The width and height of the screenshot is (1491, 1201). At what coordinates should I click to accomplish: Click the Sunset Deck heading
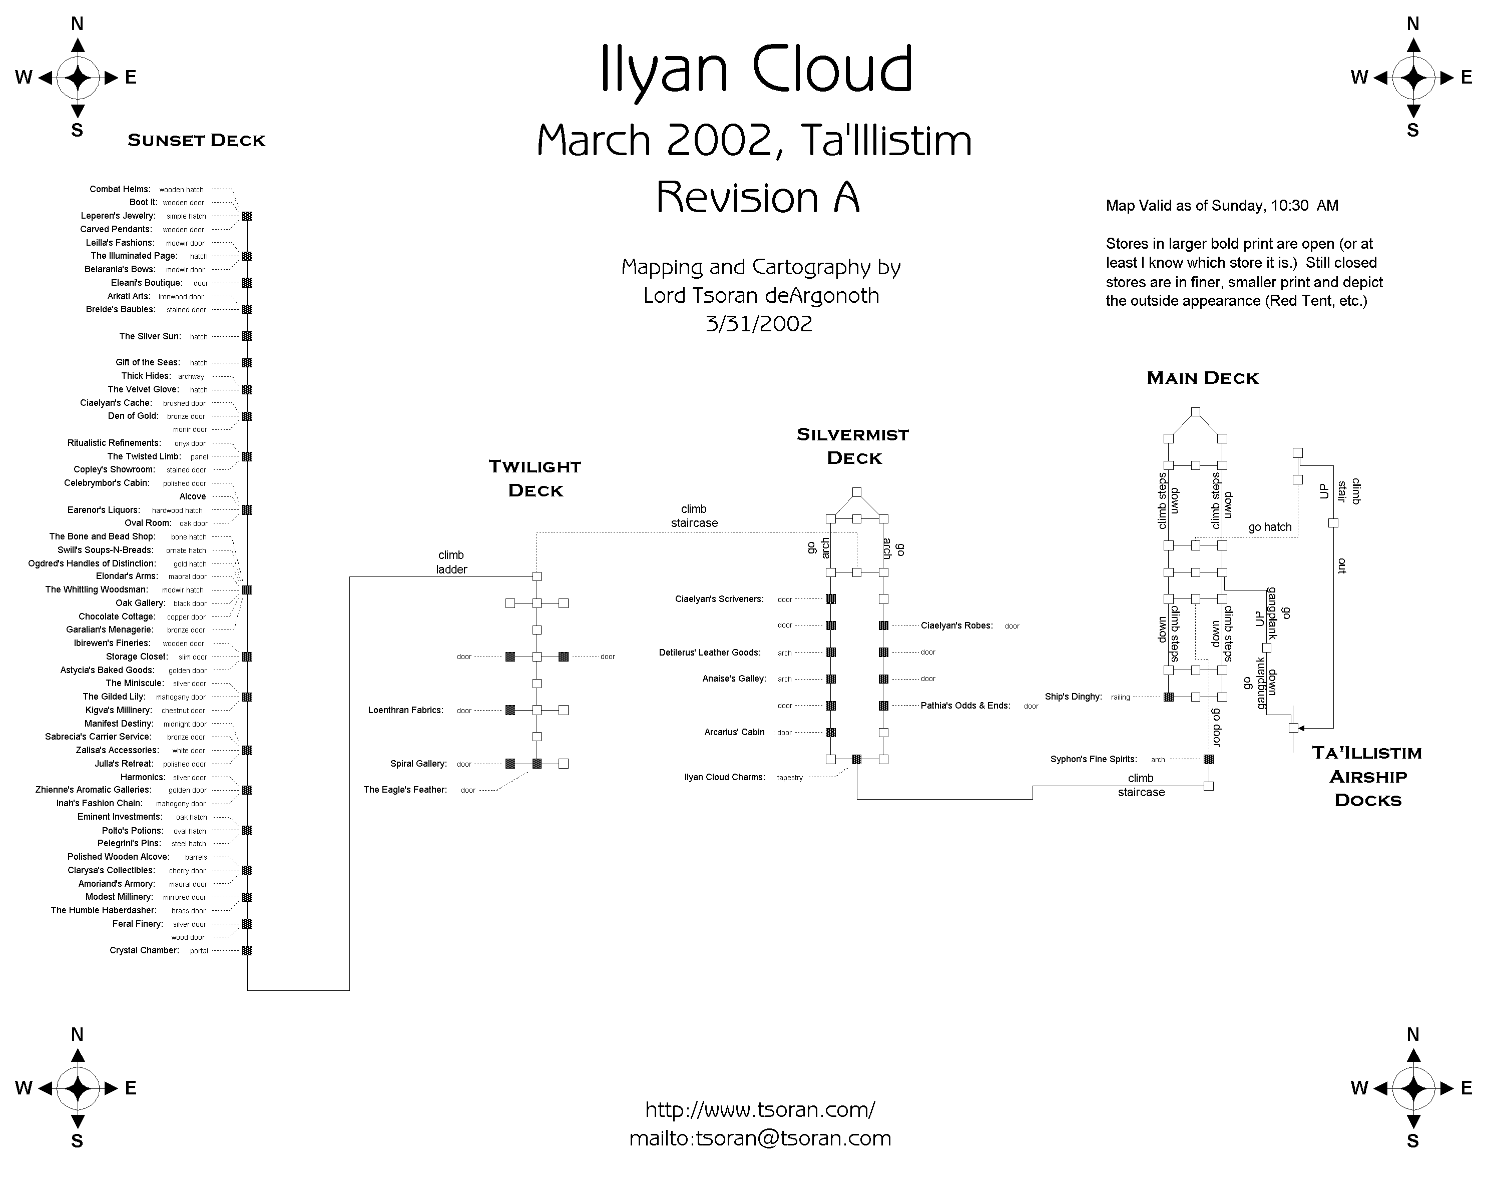coord(197,141)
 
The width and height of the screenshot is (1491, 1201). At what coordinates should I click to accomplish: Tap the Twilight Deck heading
coord(536,478)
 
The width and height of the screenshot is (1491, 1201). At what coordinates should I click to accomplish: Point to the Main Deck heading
coord(1203,378)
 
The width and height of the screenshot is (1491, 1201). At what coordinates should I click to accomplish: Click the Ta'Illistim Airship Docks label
coord(1367,776)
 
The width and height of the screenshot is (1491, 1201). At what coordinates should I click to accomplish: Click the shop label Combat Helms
coord(120,189)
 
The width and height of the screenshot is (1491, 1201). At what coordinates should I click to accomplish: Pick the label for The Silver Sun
coord(150,336)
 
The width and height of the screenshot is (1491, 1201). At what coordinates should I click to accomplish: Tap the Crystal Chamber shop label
coord(144,951)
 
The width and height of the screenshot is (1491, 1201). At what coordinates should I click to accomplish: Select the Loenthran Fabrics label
coord(405,710)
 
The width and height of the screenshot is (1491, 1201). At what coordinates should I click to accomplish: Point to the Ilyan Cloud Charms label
coord(724,777)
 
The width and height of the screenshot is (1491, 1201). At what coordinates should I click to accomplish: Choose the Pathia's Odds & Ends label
coord(965,706)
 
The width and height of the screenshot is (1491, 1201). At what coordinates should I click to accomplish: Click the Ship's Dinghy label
coord(1073,697)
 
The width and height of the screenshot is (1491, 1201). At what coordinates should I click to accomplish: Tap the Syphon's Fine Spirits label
coord(1093,759)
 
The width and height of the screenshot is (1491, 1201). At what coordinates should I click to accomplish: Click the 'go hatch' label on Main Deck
coord(1270,527)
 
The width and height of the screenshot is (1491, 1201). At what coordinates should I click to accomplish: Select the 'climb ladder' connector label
coord(451,562)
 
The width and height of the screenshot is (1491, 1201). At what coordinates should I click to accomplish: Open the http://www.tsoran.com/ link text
coord(760,1110)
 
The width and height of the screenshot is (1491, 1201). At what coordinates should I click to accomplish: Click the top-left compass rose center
coord(78,78)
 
